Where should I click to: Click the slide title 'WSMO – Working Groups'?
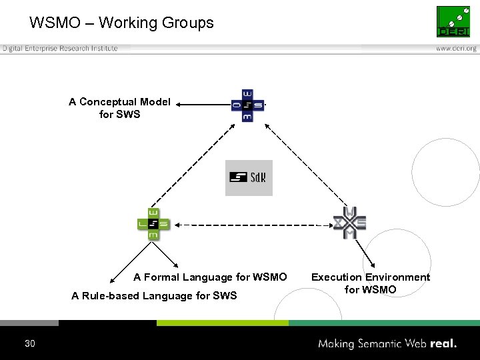point(121,23)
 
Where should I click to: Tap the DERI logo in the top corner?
point(453,21)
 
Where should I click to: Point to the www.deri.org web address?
point(456,49)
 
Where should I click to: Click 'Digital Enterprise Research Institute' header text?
point(60,48)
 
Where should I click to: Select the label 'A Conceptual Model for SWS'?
point(119,108)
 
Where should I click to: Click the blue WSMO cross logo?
point(247,105)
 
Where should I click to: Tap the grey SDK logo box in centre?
point(249,177)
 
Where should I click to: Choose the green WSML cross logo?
point(153,223)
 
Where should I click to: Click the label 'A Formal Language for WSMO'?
point(210,277)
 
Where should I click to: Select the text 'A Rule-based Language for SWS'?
point(154,296)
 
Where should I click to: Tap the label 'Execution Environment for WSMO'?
point(371,283)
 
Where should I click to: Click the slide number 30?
point(29,344)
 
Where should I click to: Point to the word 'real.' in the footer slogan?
point(443,344)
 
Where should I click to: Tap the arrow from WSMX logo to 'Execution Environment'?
point(367,253)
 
